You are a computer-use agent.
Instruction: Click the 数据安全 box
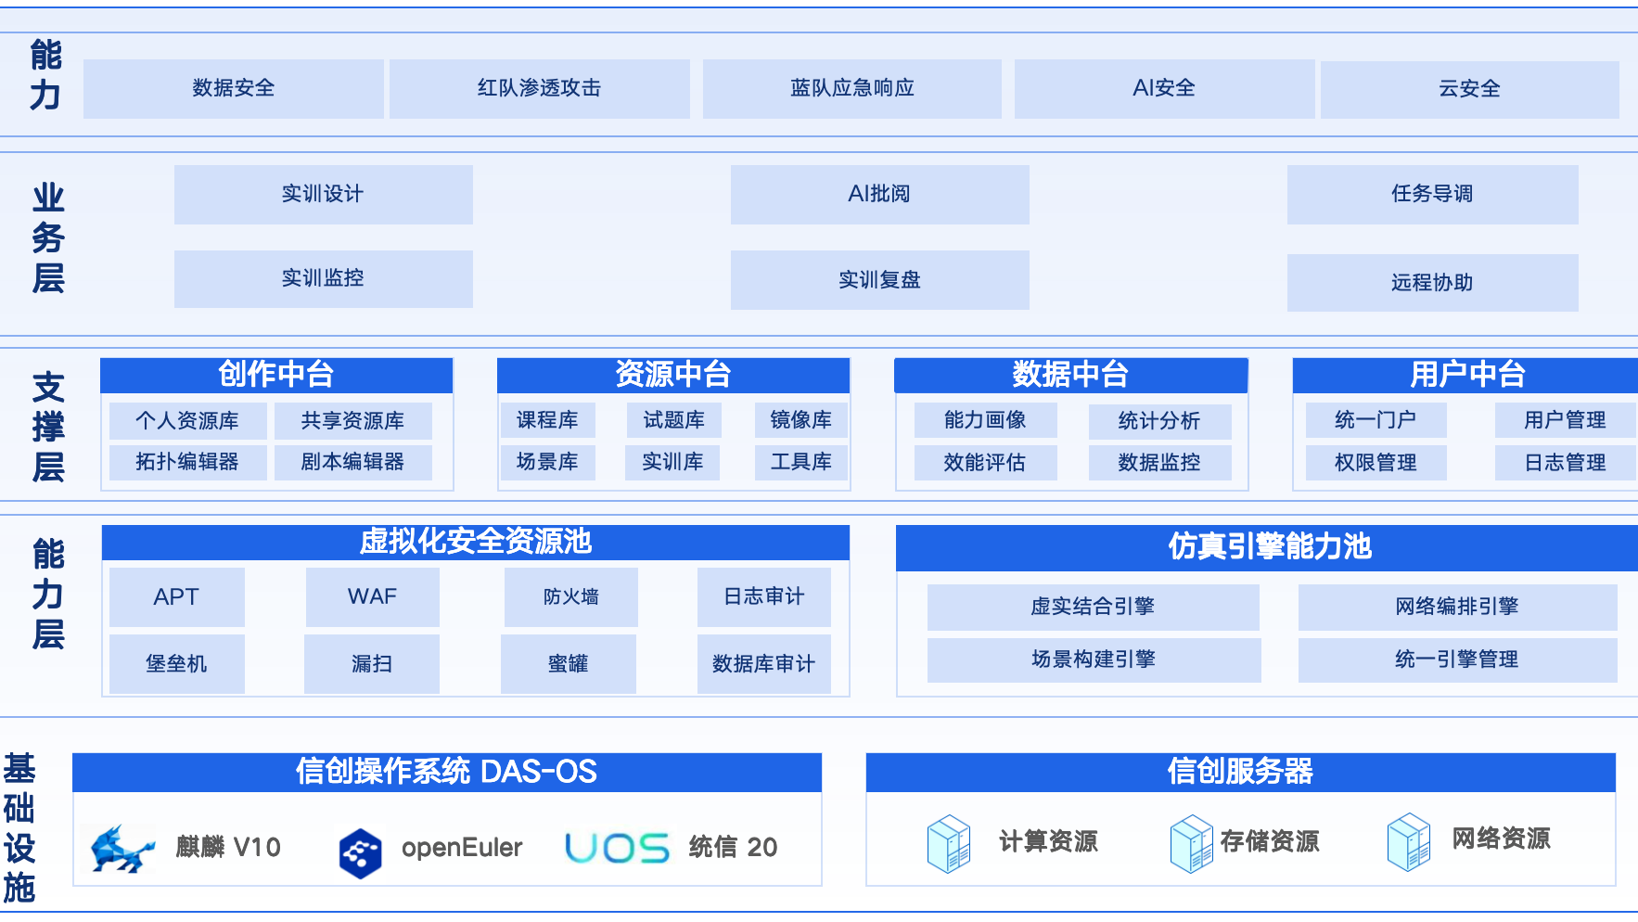pos(234,88)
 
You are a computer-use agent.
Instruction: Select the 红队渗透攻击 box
pos(539,88)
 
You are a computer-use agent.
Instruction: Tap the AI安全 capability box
pos(1164,88)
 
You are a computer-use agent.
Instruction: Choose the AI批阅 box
pos(879,194)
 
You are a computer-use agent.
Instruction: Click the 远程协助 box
pos(1432,282)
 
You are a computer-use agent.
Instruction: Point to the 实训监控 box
pos(323,278)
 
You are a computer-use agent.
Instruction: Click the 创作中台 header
pos(276,375)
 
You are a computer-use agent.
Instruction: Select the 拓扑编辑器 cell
pos(187,462)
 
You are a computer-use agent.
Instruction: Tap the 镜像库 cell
pos(800,420)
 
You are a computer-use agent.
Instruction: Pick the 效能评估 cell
pos(985,462)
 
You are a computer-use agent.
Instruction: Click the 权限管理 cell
pos(1376,462)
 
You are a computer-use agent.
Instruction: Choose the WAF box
pos(372,596)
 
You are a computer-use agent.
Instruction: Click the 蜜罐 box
pos(568,663)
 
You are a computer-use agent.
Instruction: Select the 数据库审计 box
pos(763,663)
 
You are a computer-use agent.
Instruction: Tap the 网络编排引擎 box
pos(1456,607)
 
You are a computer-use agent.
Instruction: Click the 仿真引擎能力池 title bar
pos(1269,547)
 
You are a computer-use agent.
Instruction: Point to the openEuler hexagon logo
pos(360,852)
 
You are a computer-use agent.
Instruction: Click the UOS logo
pos(617,848)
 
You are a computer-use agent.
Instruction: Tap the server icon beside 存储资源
pos(1191,843)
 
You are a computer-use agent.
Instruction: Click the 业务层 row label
pos(48,238)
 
